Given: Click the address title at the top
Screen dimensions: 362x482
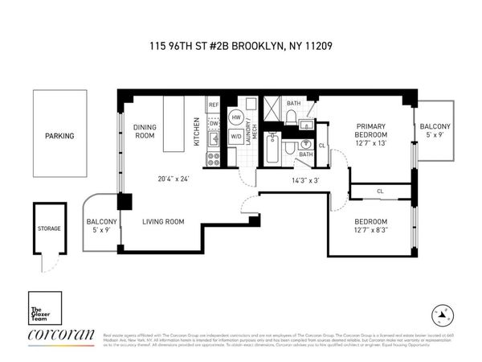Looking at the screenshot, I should (x=242, y=46).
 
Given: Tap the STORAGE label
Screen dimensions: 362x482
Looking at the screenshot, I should (x=49, y=229).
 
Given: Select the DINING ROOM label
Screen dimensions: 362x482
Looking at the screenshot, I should (x=144, y=131).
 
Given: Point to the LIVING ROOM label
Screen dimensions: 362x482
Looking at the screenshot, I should (x=163, y=221).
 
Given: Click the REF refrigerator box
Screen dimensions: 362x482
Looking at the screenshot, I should (x=214, y=105).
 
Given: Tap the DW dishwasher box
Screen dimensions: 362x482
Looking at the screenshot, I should (x=214, y=124).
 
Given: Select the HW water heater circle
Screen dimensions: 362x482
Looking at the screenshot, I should (x=236, y=117).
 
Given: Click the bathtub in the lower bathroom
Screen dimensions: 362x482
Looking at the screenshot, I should (x=272, y=150).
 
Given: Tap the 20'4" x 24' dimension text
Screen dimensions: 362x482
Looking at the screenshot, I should (x=174, y=178).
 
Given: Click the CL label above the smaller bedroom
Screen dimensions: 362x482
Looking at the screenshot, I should (x=380, y=191).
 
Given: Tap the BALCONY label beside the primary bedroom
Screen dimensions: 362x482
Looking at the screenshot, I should (x=435, y=127).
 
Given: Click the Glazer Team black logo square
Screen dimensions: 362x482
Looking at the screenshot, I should (x=42, y=308).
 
